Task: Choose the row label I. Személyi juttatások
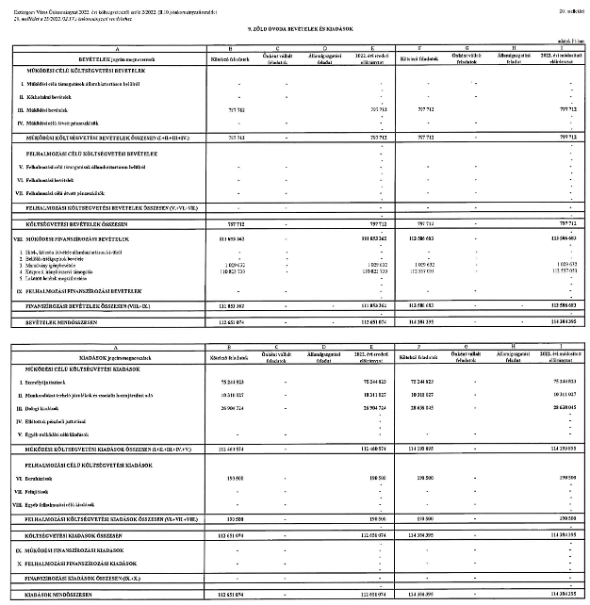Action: [47, 381]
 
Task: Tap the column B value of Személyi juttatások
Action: [230, 381]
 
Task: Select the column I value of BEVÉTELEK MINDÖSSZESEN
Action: [563, 322]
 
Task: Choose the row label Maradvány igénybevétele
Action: [57, 268]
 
